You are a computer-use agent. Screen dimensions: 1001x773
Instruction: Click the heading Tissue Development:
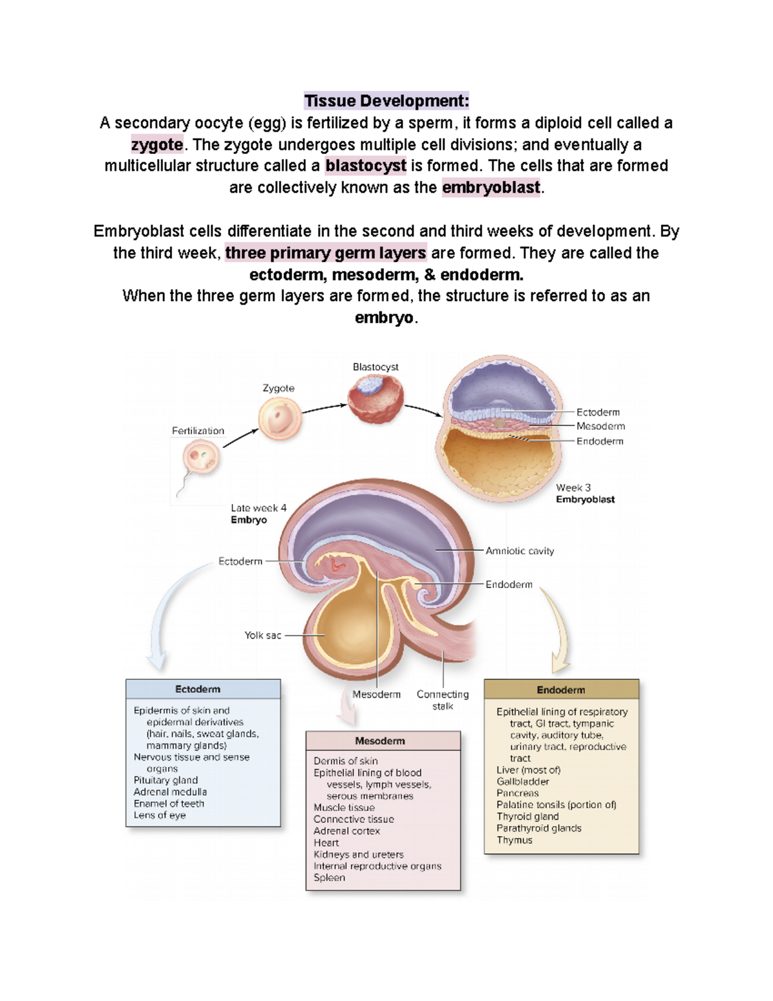coord(386,101)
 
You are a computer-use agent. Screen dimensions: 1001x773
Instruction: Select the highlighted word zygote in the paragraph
coord(157,144)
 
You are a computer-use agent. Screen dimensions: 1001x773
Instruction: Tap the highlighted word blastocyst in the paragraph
coord(366,166)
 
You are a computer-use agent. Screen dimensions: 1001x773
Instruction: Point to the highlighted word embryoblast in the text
coord(491,188)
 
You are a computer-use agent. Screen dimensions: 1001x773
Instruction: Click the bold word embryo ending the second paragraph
coord(384,318)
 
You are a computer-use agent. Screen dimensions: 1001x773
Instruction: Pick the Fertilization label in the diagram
coord(198,431)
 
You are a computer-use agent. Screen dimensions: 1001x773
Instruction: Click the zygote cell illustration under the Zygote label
coord(280,418)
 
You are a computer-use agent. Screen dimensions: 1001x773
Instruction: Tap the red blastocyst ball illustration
coord(376,398)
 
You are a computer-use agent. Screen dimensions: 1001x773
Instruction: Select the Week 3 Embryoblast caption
coord(585,494)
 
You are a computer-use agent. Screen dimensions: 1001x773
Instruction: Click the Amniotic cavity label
coord(519,551)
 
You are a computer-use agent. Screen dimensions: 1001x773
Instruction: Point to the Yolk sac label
coord(263,636)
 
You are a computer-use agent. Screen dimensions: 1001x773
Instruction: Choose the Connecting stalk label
coord(443,700)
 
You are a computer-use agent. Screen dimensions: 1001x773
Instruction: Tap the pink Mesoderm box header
coord(383,741)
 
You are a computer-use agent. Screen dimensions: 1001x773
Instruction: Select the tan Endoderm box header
coord(561,690)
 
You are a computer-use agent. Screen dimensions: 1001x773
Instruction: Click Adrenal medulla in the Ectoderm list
coord(170,792)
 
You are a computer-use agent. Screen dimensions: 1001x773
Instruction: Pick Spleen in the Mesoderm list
coord(329,878)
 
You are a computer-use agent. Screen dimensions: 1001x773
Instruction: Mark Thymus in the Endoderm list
coord(514,841)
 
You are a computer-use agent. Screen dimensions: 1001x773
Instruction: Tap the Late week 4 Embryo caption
coord(258,514)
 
